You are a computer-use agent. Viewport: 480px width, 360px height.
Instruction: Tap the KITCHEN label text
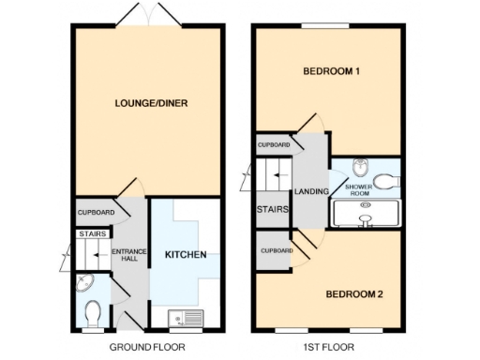click(x=186, y=255)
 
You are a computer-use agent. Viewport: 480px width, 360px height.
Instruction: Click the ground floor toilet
click(x=92, y=310)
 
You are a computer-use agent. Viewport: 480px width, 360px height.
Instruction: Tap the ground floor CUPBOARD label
click(x=96, y=213)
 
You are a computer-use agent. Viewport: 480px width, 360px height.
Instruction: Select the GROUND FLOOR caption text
click(x=147, y=347)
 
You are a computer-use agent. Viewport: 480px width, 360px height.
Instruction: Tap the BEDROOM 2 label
click(x=354, y=294)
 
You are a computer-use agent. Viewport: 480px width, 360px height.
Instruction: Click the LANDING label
click(x=310, y=192)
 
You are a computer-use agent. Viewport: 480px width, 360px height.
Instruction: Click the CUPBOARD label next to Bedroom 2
click(x=277, y=251)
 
